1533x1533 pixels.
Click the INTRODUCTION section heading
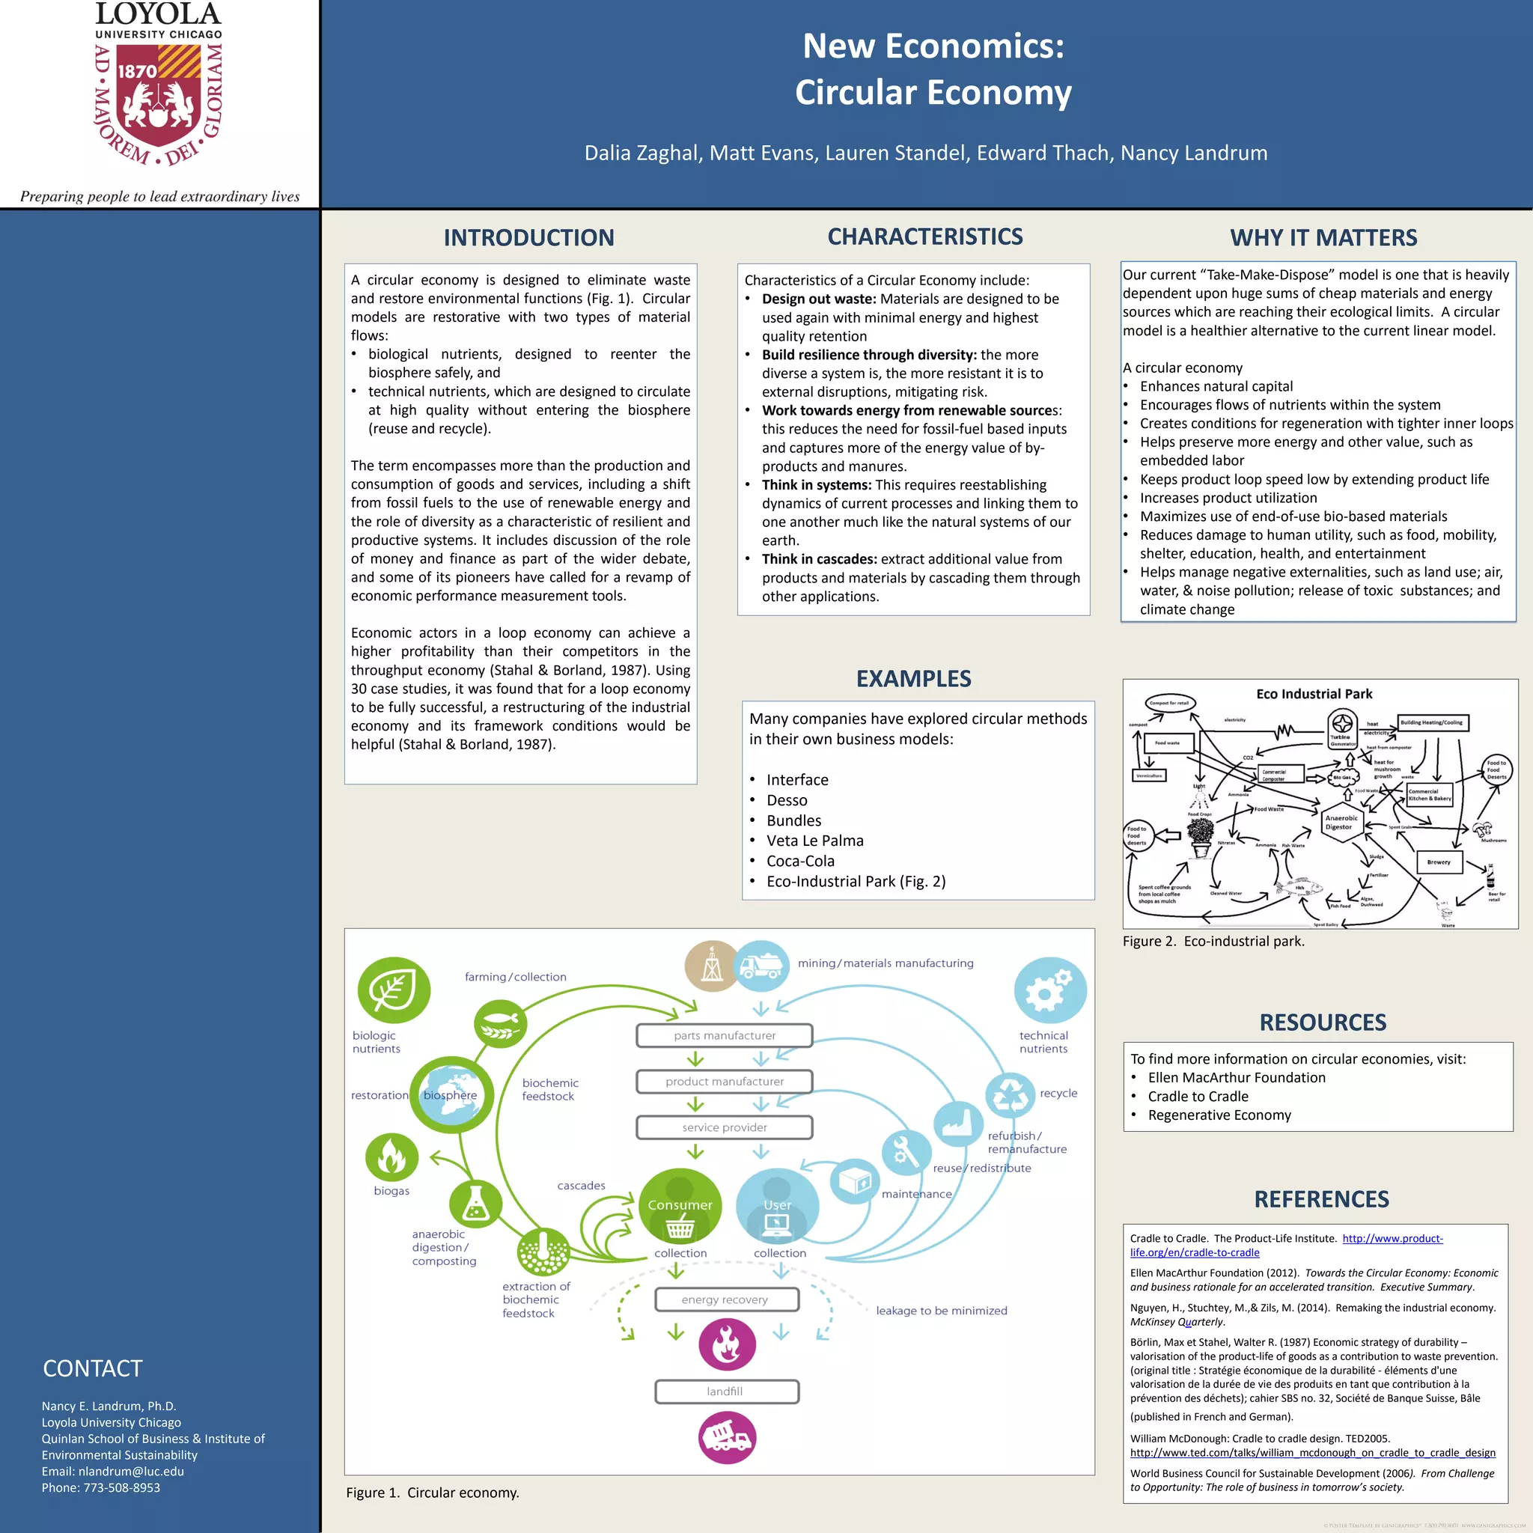(x=528, y=237)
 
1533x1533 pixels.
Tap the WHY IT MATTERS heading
(x=1323, y=237)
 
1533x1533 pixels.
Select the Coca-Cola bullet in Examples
(x=800, y=861)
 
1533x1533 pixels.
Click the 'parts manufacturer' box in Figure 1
(x=725, y=1035)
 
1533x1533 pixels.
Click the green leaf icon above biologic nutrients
(x=394, y=990)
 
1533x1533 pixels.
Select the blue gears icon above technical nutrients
(x=1049, y=990)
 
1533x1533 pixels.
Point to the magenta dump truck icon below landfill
(x=727, y=1438)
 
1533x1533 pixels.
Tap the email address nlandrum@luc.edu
(x=131, y=1471)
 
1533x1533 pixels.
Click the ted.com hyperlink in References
(x=1312, y=1453)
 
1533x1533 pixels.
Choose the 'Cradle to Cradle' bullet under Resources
(x=1198, y=1097)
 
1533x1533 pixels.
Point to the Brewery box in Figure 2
(x=1439, y=862)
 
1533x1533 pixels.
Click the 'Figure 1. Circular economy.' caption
(x=433, y=1493)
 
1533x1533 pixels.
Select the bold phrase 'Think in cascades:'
(x=819, y=559)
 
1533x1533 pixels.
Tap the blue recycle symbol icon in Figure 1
(x=1009, y=1095)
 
